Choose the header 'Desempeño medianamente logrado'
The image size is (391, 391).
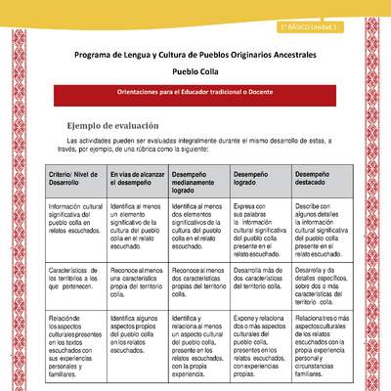[x=196, y=179]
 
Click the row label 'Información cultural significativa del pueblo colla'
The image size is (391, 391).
[x=74, y=220]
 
